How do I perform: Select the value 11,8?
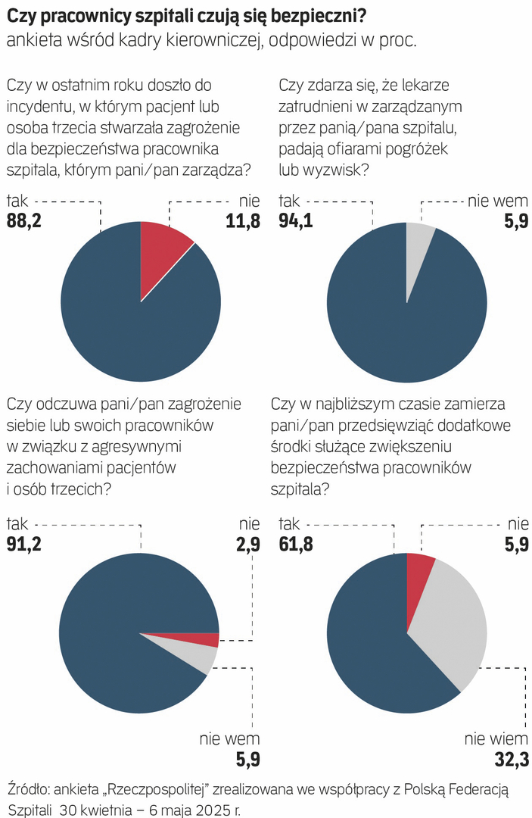pyautogui.click(x=241, y=221)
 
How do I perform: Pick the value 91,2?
pyautogui.click(x=26, y=543)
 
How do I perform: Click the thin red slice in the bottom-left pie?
pyautogui.click(x=204, y=639)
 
